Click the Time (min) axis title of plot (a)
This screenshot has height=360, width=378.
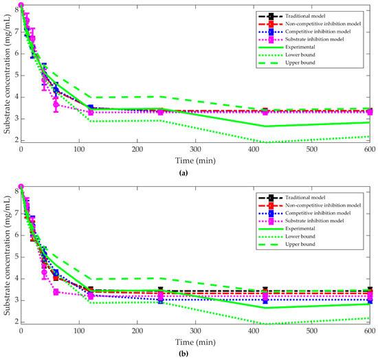[x=195, y=160]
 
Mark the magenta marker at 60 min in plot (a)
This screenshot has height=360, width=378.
[x=56, y=104]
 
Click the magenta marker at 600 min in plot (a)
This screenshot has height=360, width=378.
[x=369, y=111]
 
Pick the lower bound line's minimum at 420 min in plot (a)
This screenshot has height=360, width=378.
[x=265, y=142]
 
